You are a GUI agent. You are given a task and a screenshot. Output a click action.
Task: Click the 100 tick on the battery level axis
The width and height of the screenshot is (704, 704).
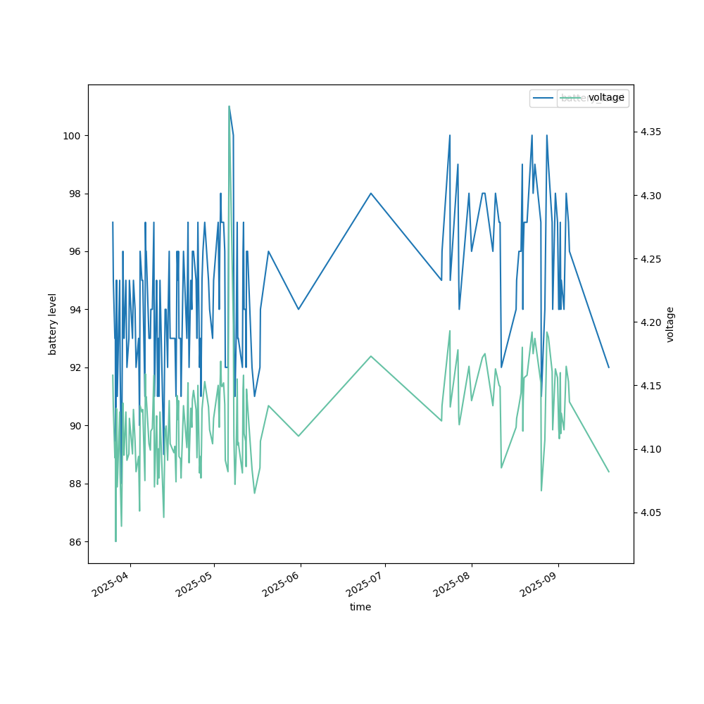click(73, 135)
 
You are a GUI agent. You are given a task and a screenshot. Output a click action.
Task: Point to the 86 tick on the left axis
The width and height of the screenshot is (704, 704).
click(73, 542)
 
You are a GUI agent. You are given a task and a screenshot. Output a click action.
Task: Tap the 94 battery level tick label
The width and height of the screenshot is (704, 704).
click(73, 310)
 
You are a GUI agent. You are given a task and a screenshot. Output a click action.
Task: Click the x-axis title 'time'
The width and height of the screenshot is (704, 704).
click(360, 607)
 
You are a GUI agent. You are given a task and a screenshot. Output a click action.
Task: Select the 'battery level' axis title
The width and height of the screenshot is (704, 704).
click(53, 324)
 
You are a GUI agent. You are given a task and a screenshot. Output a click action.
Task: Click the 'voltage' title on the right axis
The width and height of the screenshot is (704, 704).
click(670, 324)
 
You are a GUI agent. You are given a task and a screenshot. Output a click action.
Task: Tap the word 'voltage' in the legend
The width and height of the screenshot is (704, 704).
click(606, 98)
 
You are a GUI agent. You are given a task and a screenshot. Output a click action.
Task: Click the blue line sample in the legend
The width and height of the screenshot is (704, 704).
click(543, 98)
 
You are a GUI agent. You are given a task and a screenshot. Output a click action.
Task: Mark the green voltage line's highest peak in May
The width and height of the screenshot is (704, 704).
click(229, 106)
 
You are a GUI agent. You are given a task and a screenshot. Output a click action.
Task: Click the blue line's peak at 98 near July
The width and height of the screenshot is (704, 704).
click(371, 194)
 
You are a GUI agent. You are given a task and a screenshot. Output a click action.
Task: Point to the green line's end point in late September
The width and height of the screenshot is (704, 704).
click(609, 472)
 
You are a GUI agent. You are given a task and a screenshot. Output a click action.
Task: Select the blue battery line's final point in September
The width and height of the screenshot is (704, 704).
click(609, 367)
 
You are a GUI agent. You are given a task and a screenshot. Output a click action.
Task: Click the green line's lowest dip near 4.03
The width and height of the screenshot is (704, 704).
click(115, 541)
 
